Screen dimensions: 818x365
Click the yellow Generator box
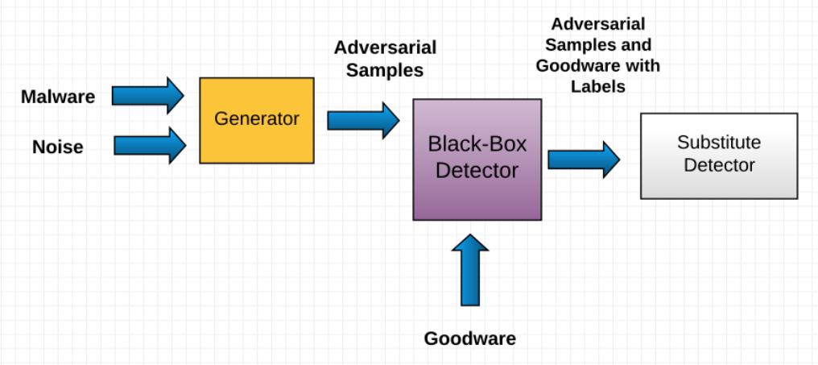257,120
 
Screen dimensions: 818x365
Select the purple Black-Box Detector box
477,160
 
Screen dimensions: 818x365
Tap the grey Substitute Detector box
719,156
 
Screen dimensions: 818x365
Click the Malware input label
58,97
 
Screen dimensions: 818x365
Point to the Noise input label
58,147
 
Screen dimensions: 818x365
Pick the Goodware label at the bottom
470,338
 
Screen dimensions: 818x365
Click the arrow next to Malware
148,96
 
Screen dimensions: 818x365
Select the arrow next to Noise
151,145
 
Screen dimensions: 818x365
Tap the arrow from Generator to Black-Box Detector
364,121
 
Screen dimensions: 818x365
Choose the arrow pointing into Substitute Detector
585,160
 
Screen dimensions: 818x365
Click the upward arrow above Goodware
470,270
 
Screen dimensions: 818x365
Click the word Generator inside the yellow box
257,118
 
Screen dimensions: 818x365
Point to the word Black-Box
477,143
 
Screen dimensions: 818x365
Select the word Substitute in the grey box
719,142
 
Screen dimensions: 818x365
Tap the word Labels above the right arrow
598,86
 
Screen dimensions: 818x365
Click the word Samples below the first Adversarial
385,70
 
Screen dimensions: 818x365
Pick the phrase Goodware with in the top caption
598,66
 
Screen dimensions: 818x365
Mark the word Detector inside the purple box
477,170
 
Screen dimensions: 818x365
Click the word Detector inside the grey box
720,165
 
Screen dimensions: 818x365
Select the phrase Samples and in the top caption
598,45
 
